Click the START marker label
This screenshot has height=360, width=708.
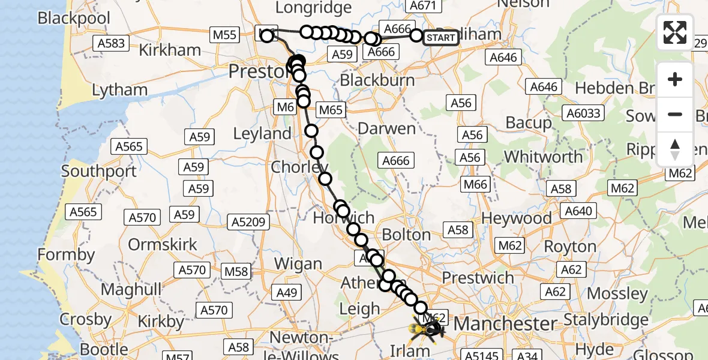click(441, 38)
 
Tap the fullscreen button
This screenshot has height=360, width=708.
click(675, 32)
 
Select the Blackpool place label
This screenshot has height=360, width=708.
click(74, 18)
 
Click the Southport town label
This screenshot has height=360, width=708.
click(99, 172)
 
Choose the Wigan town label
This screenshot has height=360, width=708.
click(298, 264)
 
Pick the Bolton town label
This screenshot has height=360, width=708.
click(406, 234)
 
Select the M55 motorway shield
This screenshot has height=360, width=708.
click(224, 35)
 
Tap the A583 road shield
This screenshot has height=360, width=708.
click(110, 43)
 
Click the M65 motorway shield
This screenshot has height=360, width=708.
click(330, 110)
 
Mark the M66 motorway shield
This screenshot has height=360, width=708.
click(476, 184)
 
